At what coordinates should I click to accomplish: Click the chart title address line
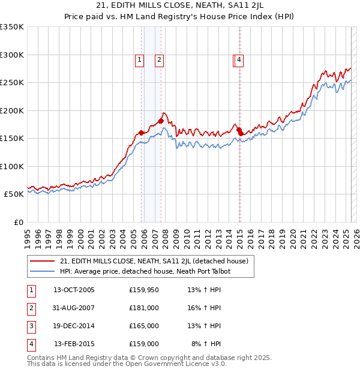coord(180,6)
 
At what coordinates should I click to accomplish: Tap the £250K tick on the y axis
coord(12,83)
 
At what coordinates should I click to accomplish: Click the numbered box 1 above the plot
coord(139,59)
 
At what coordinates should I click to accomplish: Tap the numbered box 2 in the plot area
coord(160,59)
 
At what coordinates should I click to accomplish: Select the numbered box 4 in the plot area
coord(239,59)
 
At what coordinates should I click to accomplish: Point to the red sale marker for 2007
coord(161,121)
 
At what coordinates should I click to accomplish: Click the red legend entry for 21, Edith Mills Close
coord(157,261)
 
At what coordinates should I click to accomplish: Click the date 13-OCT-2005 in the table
coord(74,290)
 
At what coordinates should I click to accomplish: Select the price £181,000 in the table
coord(143,308)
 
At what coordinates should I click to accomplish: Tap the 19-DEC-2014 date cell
coord(74,326)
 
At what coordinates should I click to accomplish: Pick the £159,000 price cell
coord(143,344)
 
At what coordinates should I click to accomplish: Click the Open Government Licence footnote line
coord(127,364)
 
